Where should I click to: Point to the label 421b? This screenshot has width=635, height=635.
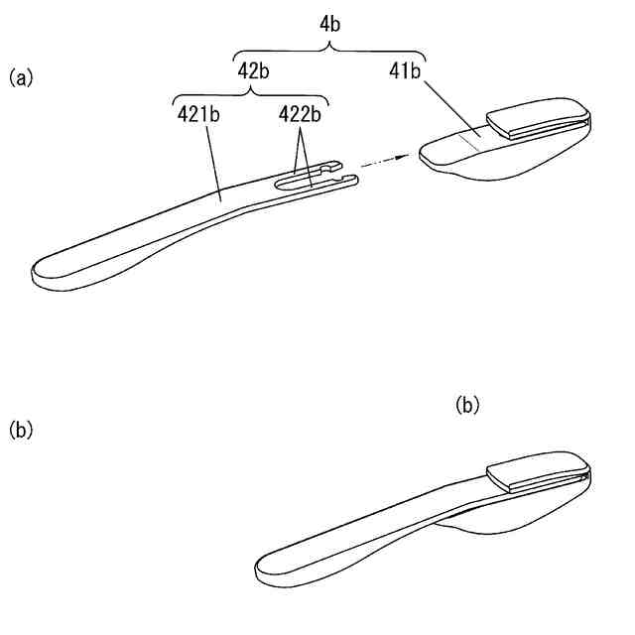[198, 114]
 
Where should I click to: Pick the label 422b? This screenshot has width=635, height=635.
[300, 114]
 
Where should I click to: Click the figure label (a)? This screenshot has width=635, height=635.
[21, 77]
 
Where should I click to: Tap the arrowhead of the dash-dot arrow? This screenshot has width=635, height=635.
[405, 156]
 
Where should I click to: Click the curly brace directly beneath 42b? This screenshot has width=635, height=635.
[251, 93]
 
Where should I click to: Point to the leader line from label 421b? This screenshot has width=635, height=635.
[212, 159]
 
